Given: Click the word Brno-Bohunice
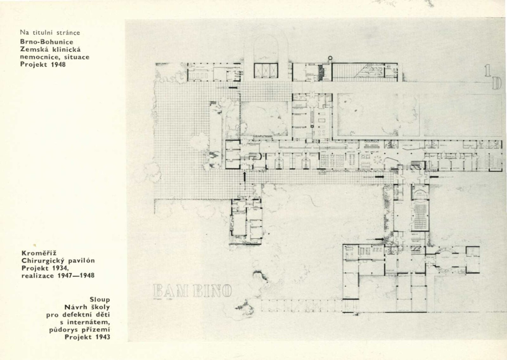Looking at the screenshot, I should (47, 42).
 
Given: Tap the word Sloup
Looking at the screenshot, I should (100, 299).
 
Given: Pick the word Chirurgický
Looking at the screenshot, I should (43, 261).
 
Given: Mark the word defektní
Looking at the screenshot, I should (81, 315).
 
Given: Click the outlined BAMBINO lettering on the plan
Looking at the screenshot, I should (192, 290).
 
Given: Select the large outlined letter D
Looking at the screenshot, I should (497, 83).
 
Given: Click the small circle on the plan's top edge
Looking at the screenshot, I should (331, 58).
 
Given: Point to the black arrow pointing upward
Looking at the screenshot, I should (245, 176).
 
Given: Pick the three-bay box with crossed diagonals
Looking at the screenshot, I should (266, 70).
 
